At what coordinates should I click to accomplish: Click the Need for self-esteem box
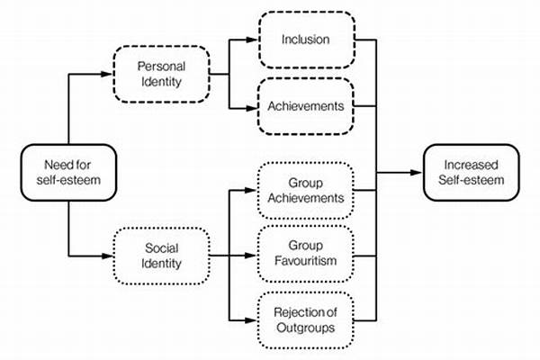[x=67, y=172]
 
